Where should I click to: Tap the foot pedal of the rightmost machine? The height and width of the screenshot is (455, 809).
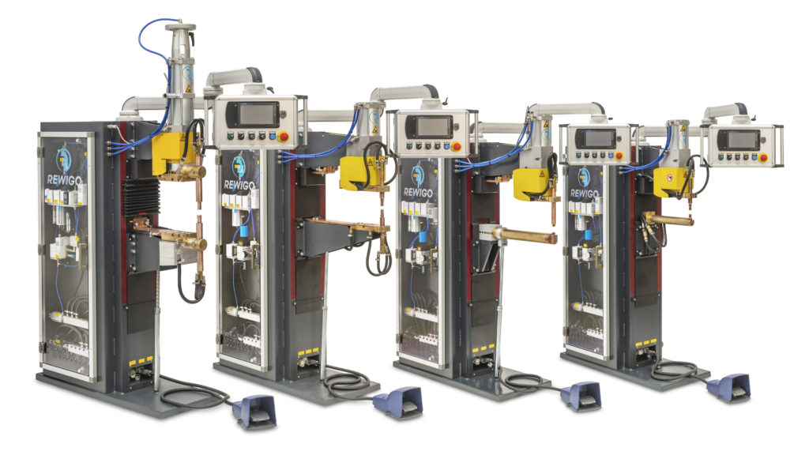(x=728, y=387)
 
